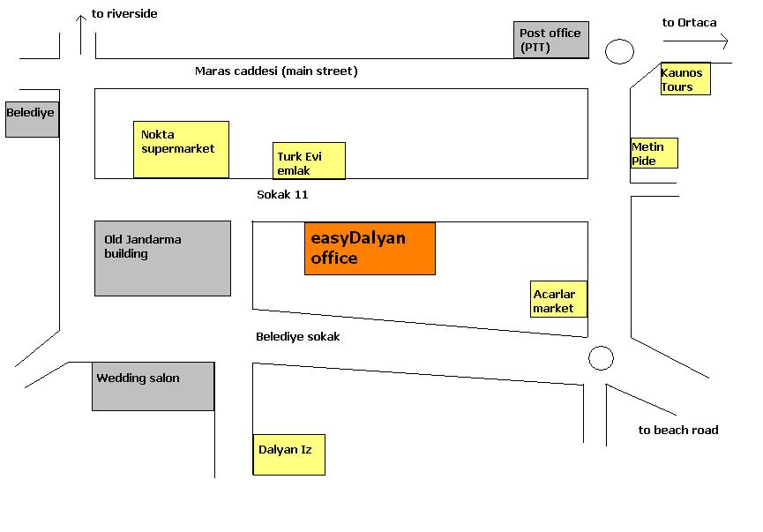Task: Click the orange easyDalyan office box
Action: pos(370,249)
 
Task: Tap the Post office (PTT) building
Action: pos(551,41)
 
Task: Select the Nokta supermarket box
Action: pos(181,149)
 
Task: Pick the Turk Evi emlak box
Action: pos(309,161)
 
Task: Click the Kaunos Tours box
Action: pos(685,79)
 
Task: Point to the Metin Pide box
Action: pos(654,154)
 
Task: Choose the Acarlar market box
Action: pos(559,300)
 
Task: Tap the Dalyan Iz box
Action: pos(288,454)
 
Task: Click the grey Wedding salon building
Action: pos(153,386)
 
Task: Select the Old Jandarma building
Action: pos(162,258)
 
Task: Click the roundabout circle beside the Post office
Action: pos(620,51)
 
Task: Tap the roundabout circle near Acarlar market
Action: pos(601,358)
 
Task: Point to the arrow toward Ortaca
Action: pos(696,41)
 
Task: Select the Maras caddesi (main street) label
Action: pos(276,71)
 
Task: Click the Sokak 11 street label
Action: pos(282,194)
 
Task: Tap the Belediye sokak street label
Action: pos(297,336)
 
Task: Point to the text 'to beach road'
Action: pos(678,430)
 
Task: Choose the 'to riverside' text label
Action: pos(124,14)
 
